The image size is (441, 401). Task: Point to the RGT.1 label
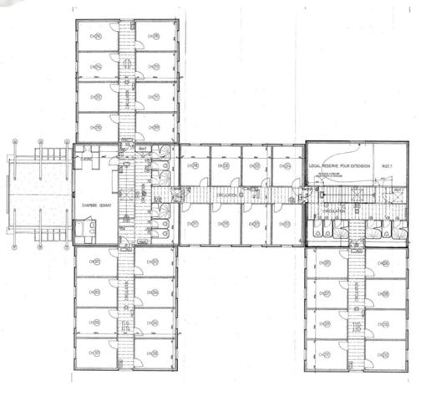coord(387,166)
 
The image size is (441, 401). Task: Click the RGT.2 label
coord(398,190)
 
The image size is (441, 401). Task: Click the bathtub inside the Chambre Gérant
coord(85,227)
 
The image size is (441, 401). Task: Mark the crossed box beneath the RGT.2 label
coord(398,200)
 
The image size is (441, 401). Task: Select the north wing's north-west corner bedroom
coord(96,38)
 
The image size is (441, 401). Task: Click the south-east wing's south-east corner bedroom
coord(387,355)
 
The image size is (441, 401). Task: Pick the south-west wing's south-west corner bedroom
coord(96,354)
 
